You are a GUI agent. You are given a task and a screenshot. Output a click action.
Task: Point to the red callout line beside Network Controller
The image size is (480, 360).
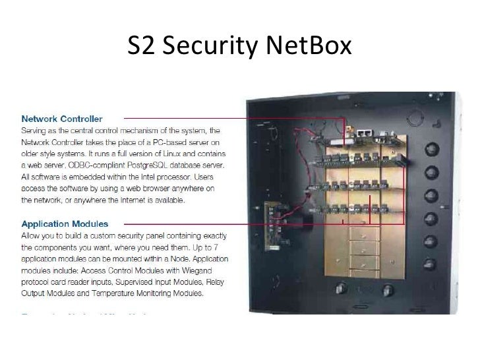coord(224,119)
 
